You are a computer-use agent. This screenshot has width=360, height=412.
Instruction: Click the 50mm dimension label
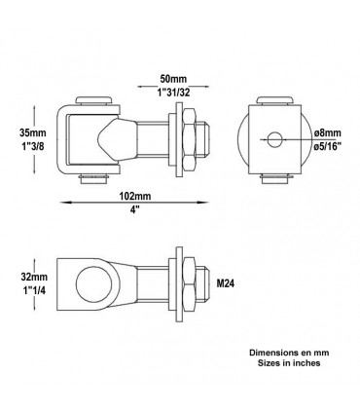(173, 79)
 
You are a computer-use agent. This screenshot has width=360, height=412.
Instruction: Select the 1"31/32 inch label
(173, 93)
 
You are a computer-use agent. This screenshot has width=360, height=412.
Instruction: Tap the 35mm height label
(33, 132)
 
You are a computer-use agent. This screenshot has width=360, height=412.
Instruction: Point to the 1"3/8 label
(31, 146)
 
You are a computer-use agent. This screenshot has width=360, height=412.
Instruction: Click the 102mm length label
(135, 196)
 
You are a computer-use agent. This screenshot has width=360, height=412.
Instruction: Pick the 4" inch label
(135, 209)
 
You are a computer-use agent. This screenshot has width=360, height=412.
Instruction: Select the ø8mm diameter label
(328, 132)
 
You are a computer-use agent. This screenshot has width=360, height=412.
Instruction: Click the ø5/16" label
(328, 146)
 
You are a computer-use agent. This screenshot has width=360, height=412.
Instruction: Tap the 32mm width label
(34, 277)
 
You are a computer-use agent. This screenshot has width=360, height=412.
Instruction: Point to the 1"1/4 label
(33, 290)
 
